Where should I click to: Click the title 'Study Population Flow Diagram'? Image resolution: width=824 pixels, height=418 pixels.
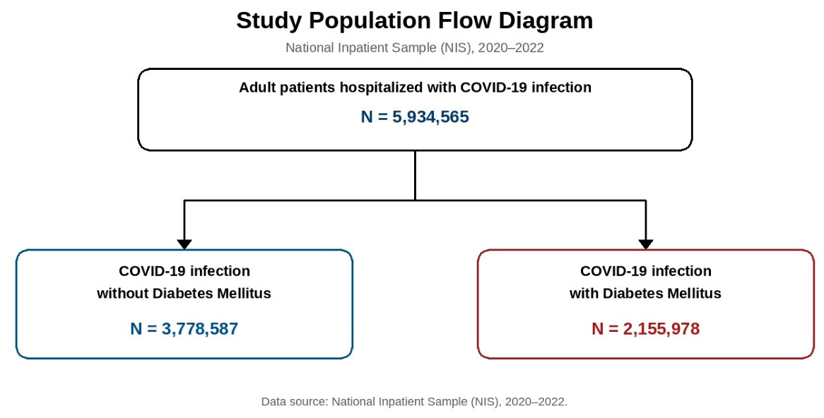[415, 21]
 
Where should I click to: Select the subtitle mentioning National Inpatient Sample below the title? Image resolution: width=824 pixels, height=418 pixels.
[415, 48]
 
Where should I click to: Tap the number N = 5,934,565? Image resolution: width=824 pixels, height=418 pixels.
[415, 117]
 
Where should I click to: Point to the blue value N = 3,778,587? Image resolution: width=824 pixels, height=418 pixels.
[184, 329]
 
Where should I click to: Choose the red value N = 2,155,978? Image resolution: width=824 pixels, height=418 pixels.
[645, 329]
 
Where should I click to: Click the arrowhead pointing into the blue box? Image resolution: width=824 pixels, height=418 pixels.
[184, 244]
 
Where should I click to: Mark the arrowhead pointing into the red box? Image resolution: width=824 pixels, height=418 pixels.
[645, 244]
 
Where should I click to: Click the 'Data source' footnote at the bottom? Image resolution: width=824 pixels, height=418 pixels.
[415, 402]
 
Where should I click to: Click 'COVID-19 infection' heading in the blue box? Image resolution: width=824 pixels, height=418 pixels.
[184, 272]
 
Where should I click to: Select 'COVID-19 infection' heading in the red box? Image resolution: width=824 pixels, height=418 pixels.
[645, 272]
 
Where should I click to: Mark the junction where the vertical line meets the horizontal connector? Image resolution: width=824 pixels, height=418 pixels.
[415, 200]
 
